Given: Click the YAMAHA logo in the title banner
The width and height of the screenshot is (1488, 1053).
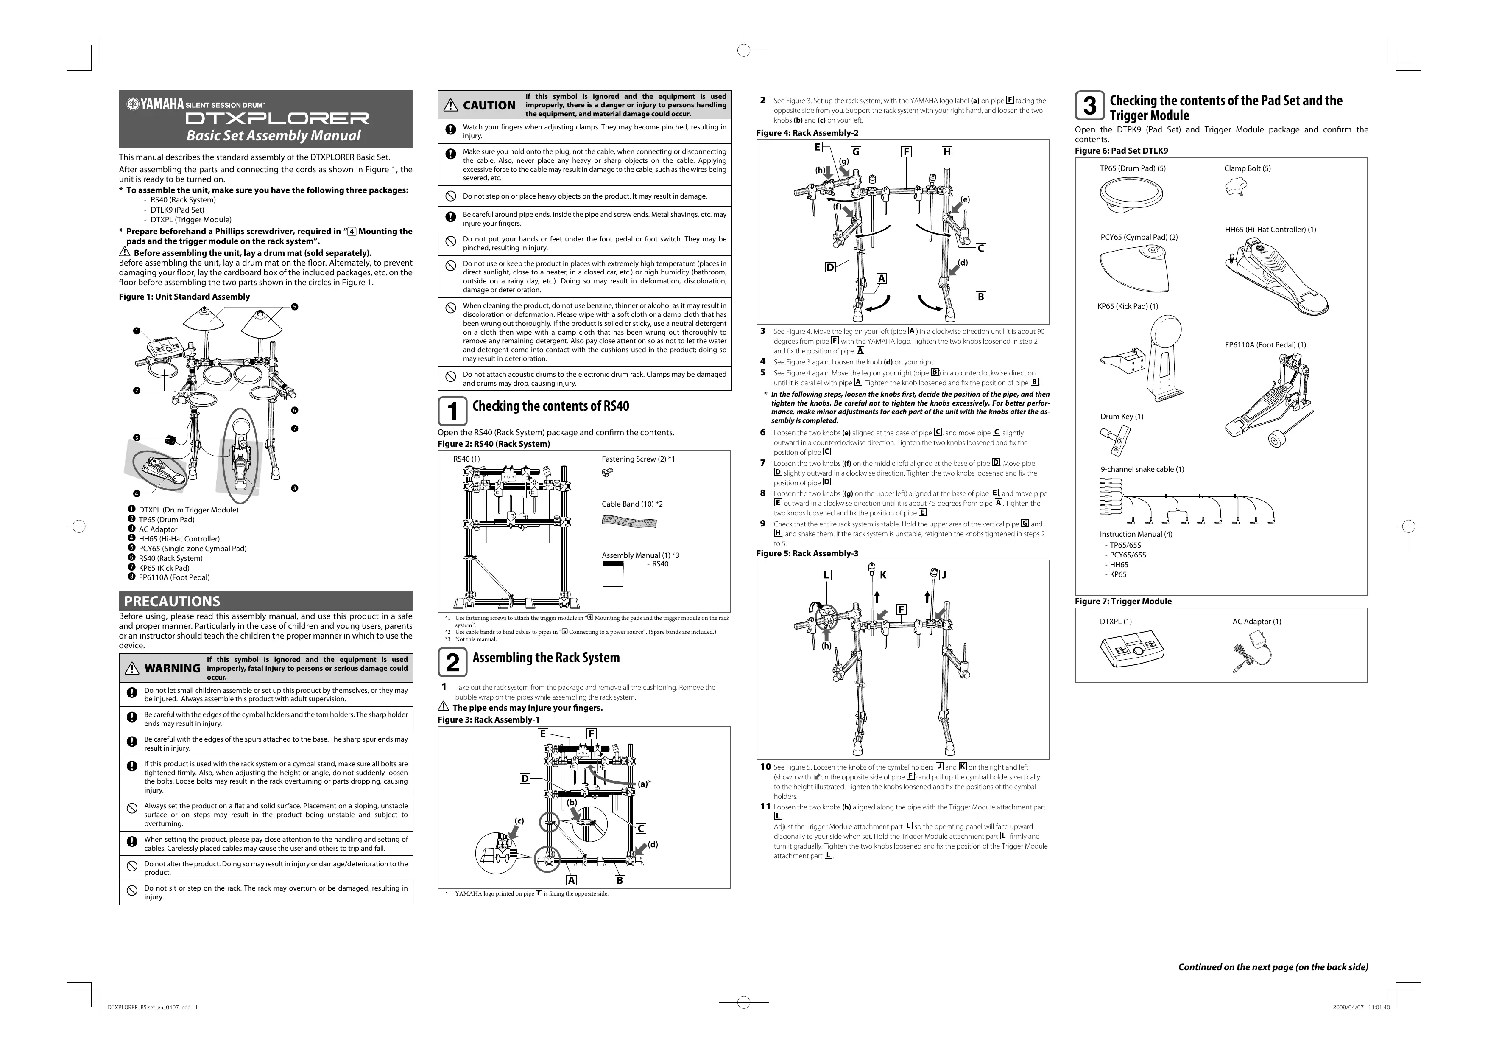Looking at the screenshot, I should (x=156, y=104).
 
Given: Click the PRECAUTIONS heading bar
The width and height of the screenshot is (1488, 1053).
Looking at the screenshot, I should (x=265, y=600).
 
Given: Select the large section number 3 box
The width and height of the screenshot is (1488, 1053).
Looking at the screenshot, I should (x=1089, y=106).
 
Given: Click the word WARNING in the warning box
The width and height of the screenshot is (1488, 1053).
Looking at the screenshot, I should (x=172, y=668).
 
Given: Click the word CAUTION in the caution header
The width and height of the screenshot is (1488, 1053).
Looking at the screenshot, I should (x=489, y=106).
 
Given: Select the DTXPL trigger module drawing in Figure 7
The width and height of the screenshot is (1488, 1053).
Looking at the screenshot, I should (x=1131, y=652).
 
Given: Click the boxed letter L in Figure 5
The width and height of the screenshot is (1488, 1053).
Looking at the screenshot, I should (x=826, y=575).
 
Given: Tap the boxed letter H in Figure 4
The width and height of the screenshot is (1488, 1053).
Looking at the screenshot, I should (x=947, y=152).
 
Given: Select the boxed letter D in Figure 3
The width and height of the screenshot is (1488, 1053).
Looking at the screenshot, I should (x=525, y=778).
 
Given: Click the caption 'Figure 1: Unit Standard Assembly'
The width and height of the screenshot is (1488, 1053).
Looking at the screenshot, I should (x=184, y=297).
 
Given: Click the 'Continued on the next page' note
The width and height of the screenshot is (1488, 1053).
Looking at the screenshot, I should (x=1272, y=967).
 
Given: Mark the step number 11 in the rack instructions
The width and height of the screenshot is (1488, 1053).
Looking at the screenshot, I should (x=765, y=807).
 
